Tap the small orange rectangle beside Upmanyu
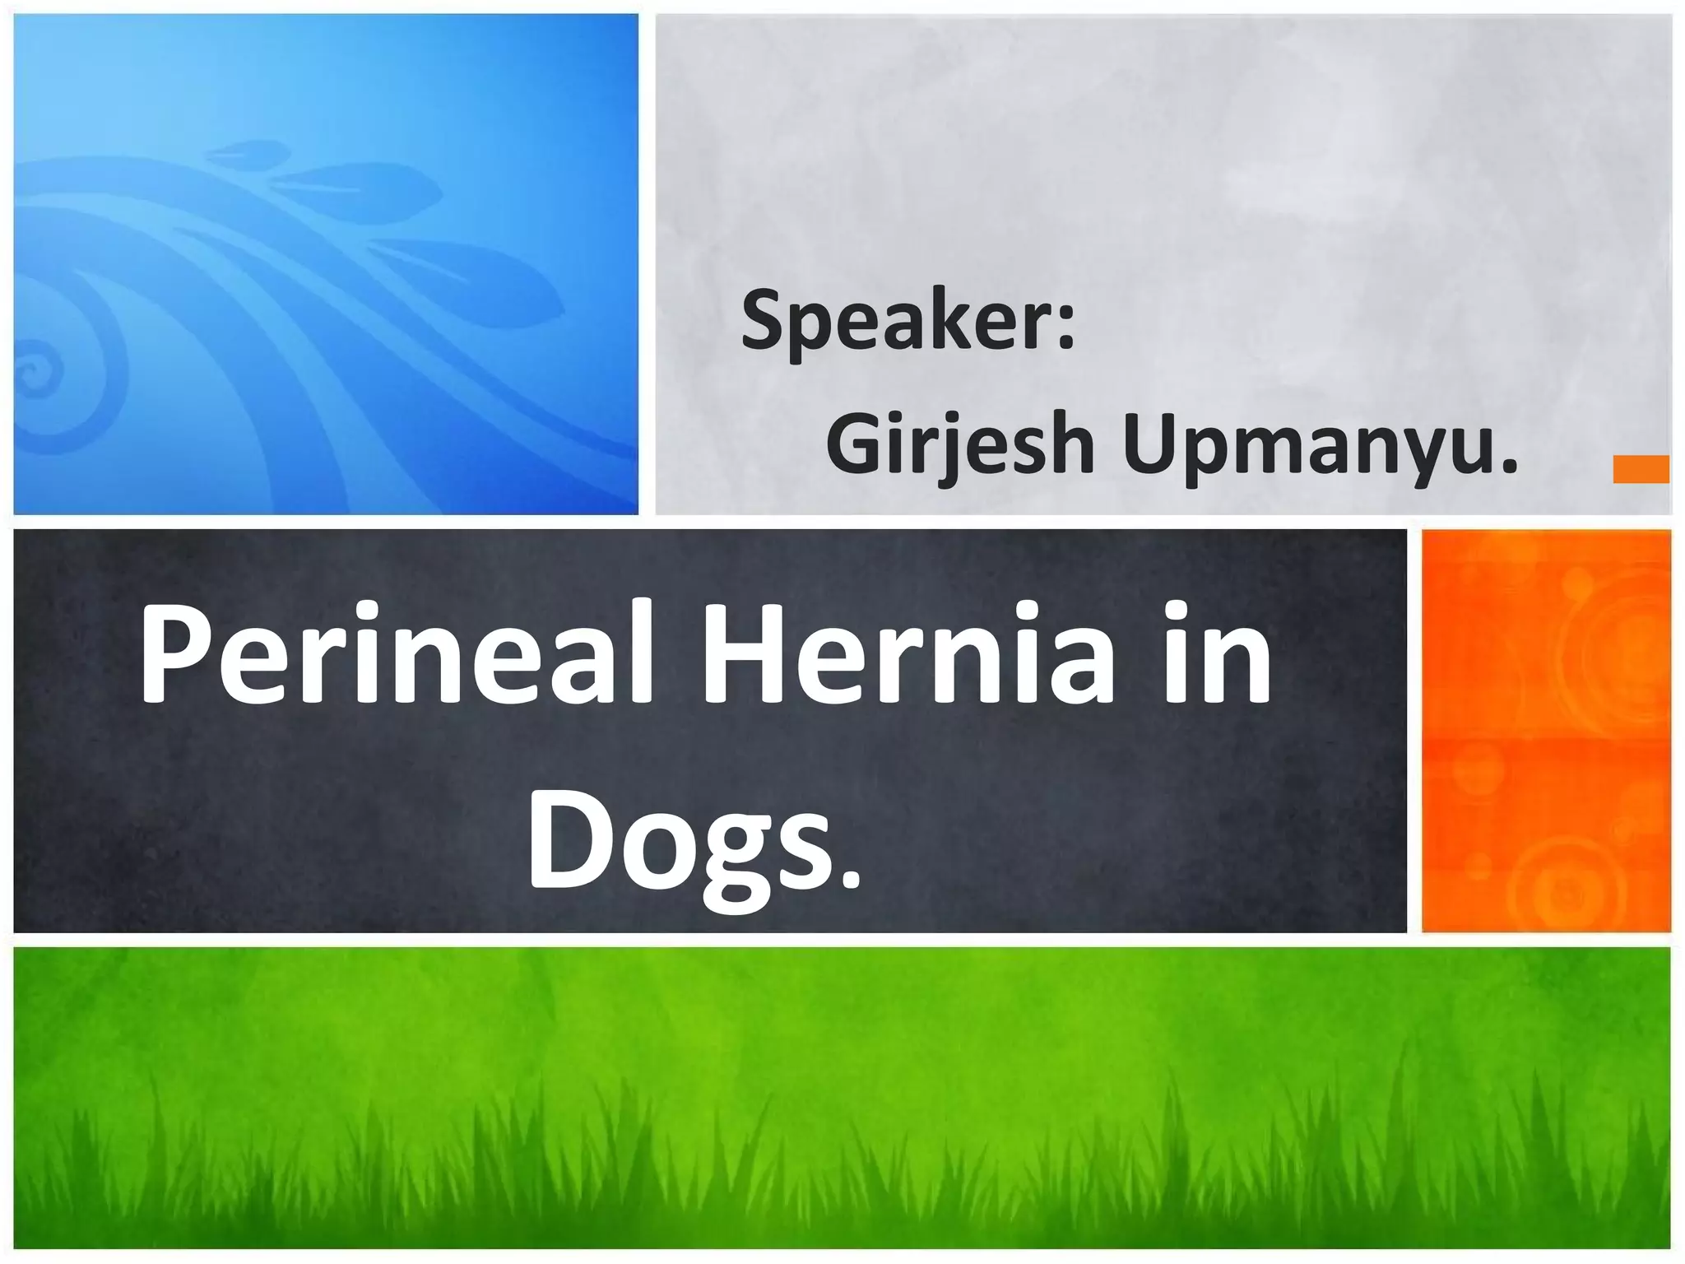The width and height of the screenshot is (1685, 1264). tap(1641, 469)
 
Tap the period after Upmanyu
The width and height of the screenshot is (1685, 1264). tap(1508, 469)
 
